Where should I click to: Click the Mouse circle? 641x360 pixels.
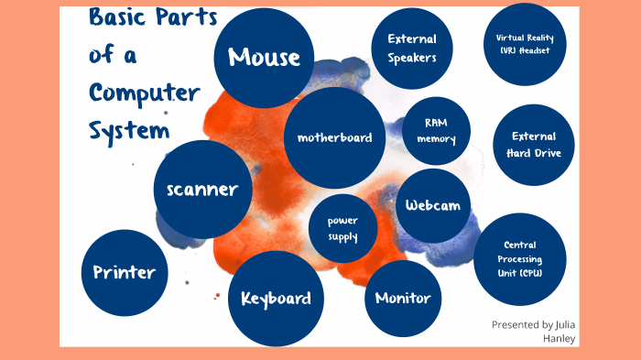[264, 57]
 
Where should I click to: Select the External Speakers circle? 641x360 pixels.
[411, 48]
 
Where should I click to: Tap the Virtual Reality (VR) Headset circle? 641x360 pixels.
[524, 44]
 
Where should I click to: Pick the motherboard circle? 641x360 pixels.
[334, 137]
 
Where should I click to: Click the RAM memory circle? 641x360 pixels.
[436, 131]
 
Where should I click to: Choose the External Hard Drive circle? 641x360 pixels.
[534, 144]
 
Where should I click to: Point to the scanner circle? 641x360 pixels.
[202, 190]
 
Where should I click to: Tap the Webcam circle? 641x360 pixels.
[433, 205]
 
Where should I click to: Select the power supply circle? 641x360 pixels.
[342, 229]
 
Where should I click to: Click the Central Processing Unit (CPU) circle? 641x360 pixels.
[521, 259]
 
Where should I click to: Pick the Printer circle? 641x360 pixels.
[125, 271]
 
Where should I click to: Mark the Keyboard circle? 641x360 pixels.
[276, 299]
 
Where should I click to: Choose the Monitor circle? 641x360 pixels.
[403, 298]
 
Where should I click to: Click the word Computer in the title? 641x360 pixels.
[144, 94]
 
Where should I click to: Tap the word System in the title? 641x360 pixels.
[129, 131]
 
